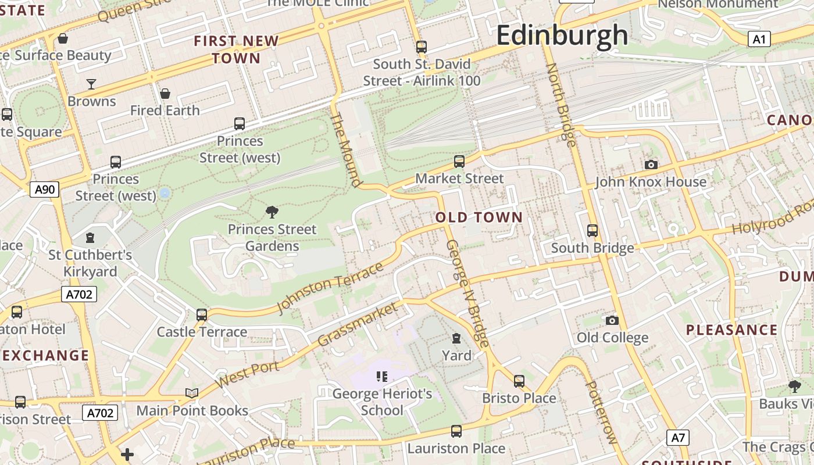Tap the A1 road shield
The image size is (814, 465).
pyautogui.click(x=759, y=39)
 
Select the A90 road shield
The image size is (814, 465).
pyautogui.click(x=44, y=189)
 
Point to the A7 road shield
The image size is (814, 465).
pyautogui.click(x=678, y=438)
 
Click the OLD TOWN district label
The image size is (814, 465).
pyautogui.click(x=479, y=217)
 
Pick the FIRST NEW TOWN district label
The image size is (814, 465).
pyautogui.click(x=236, y=49)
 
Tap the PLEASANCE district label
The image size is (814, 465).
pyautogui.click(x=731, y=330)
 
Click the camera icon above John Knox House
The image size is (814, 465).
pyautogui.click(x=651, y=165)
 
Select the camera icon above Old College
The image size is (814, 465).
pyautogui.click(x=612, y=320)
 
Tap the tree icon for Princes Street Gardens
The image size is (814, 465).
pyautogui.click(x=272, y=212)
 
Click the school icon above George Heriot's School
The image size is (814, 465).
pyautogui.click(x=381, y=377)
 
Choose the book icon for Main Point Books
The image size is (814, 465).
pyautogui.click(x=192, y=393)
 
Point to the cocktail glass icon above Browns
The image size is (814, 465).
pyautogui.click(x=91, y=84)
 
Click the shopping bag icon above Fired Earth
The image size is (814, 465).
pyautogui.click(x=165, y=94)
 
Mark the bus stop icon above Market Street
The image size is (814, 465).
pyautogui.click(x=459, y=161)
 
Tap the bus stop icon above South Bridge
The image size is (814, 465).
pyautogui.click(x=592, y=231)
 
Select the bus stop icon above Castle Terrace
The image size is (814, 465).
pyautogui.click(x=202, y=315)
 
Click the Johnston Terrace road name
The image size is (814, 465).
pyautogui.click(x=330, y=288)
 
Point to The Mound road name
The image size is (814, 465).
pyautogui.click(x=345, y=150)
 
